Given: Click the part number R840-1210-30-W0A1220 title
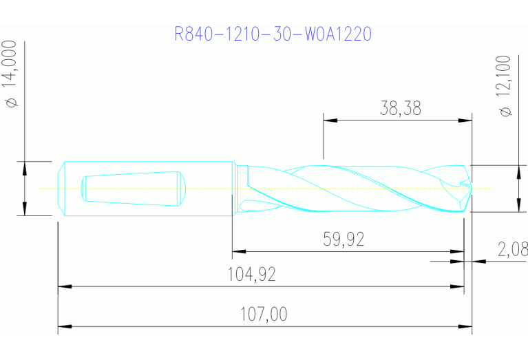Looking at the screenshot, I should coord(273,34).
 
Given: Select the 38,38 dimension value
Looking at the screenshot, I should coord(400,108).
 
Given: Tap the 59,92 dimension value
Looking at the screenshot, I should coord(344,240).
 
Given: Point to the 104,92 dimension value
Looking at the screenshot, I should coord(251,275).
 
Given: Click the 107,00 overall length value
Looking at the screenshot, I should coord(264,315).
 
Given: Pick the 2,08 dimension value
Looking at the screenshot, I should coord(511,249).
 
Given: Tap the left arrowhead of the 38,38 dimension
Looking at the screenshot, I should coord(330,120).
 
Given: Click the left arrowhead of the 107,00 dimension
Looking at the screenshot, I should coord(64,325).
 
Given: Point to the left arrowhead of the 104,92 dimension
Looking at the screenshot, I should coord(64,285).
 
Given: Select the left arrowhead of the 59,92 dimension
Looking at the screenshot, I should coord(238,251).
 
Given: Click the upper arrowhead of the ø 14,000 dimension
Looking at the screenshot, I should coord(24,167).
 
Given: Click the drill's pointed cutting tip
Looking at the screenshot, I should coord(472,188).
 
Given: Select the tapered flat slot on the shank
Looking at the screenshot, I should coord(131,188).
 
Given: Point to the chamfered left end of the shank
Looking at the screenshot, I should coord(61,188).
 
